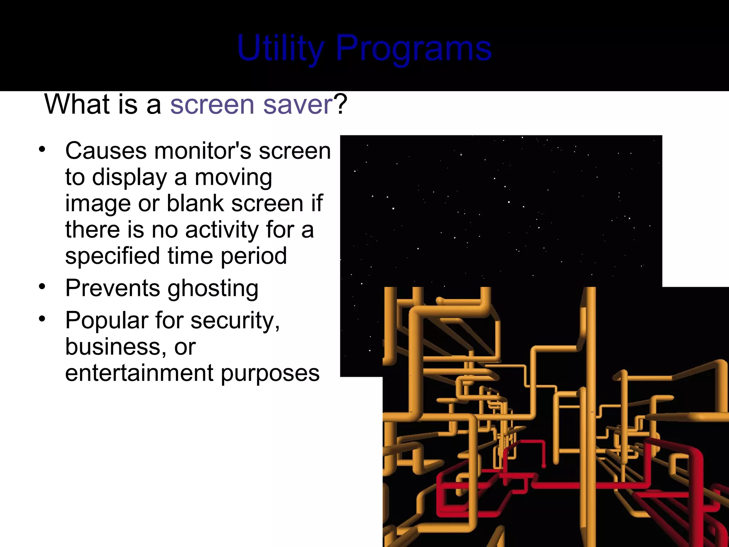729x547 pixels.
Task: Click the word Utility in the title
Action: pos(280,48)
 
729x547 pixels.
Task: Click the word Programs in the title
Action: pos(414,48)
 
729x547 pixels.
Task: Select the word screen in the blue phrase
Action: pos(212,105)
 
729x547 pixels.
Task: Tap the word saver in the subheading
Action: pos(298,105)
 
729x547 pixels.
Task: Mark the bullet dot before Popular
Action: pos(42,319)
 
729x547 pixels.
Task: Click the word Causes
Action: pos(106,151)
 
